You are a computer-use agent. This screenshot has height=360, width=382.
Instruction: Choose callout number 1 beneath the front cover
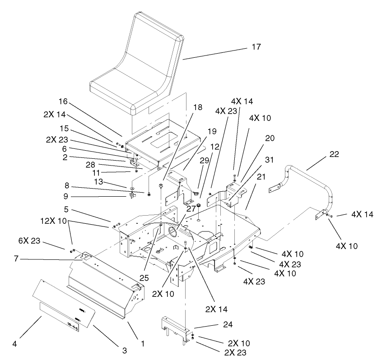(143, 343)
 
